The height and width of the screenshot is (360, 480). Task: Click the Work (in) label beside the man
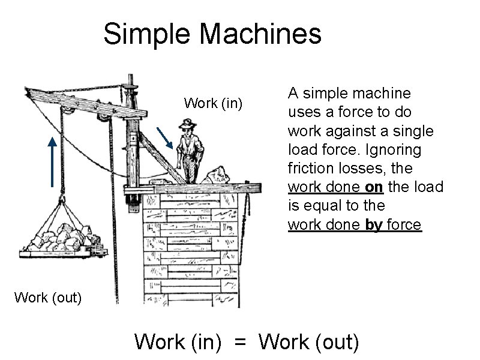(213, 103)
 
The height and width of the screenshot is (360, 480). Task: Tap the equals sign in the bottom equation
(240, 342)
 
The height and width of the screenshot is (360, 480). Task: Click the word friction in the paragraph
(307, 168)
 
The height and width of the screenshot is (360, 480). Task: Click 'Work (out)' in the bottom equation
(310, 342)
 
